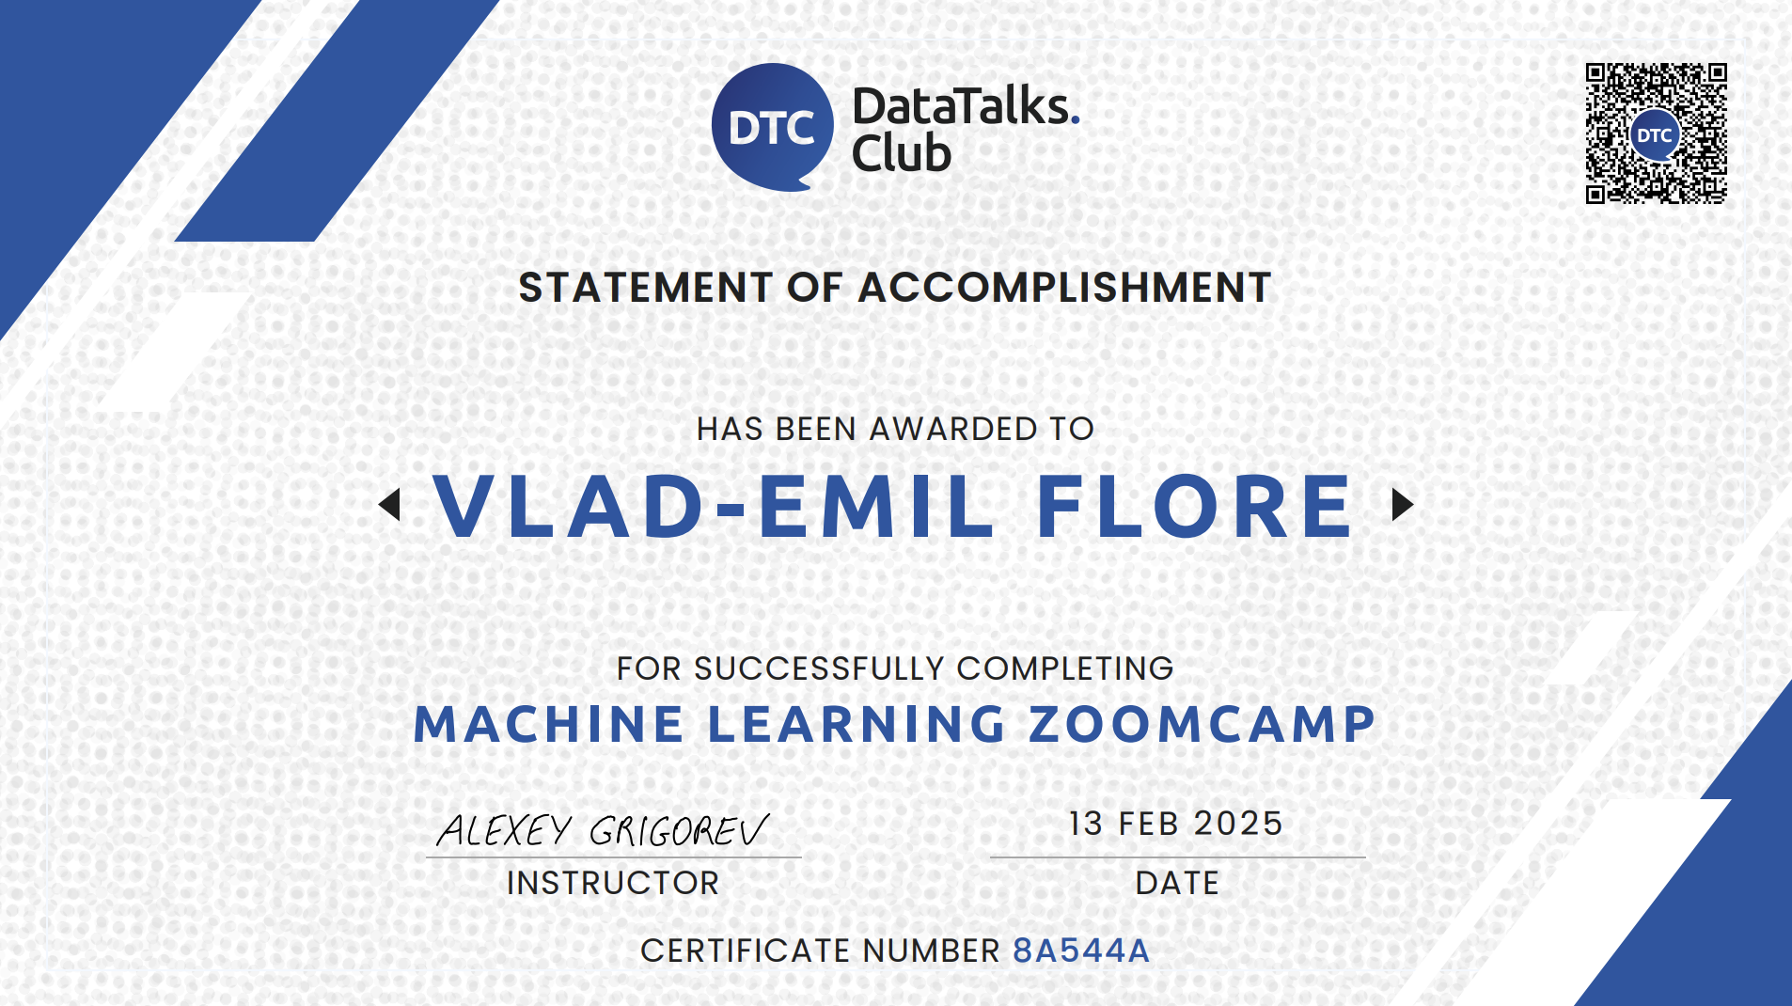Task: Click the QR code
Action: click(1656, 134)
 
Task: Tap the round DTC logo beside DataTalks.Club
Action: click(772, 127)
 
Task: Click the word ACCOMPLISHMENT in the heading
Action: click(1064, 288)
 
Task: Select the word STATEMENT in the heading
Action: click(645, 288)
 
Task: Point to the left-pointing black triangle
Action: click(390, 505)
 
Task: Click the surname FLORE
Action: click(1194, 507)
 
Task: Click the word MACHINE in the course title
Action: click(549, 725)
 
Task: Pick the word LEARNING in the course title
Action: click(857, 725)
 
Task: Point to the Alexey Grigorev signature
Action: click(603, 830)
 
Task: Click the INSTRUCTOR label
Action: click(613, 883)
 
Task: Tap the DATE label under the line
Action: click(1177, 883)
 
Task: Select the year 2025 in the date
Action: click(1238, 824)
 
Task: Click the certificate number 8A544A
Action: click(1081, 951)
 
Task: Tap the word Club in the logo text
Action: click(901, 154)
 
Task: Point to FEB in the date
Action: click(1149, 824)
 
